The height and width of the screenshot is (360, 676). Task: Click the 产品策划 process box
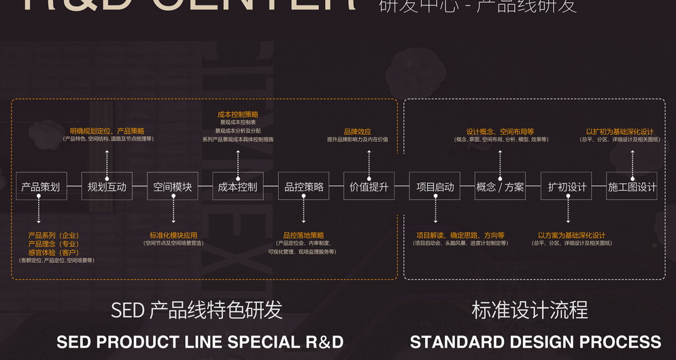(x=41, y=186)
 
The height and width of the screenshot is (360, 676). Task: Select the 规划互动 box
(x=107, y=186)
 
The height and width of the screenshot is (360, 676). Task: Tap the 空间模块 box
(x=173, y=186)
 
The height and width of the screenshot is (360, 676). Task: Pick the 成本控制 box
(x=237, y=186)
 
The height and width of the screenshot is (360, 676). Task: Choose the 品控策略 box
(x=303, y=186)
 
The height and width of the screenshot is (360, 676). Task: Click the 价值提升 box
(x=369, y=186)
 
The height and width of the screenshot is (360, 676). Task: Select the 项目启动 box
(x=435, y=186)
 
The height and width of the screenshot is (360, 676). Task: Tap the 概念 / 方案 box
(x=500, y=186)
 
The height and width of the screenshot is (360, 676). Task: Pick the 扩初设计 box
(x=567, y=186)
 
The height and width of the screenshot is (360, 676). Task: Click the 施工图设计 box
(x=632, y=186)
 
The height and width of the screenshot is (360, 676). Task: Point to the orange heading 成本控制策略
(x=238, y=115)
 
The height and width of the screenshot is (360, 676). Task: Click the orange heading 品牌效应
(x=358, y=131)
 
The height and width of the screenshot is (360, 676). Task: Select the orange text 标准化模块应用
(x=173, y=235)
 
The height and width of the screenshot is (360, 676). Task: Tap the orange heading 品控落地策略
(x=303, y=235)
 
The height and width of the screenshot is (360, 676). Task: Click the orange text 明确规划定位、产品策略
(x=107, y=131)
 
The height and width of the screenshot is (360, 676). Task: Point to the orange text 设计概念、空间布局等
(x=500, y=131)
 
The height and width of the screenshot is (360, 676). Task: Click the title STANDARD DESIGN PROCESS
(x=535, y=342)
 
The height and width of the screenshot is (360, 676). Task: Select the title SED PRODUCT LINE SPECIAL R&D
(x=200, y=342)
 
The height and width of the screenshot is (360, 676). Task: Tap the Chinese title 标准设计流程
(x=530, y=311)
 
